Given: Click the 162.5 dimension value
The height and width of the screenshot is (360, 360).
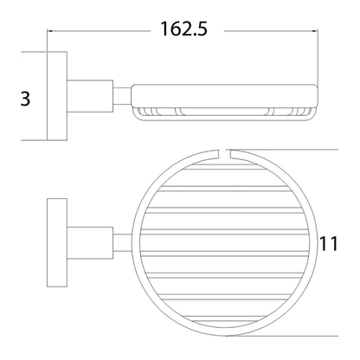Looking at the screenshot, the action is pos(183,29).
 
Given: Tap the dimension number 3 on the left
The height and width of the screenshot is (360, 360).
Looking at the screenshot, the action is pos(25,99).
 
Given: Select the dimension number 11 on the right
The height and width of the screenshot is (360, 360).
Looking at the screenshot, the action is pos(329,243).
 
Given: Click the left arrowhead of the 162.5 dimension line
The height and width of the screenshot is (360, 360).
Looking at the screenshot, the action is pos(49,30).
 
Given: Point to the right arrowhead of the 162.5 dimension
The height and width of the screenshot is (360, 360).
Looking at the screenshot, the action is pos(315,30).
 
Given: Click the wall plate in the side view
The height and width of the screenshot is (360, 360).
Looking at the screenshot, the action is pos(57,96).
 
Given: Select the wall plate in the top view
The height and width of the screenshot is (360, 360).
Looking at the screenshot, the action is pos(57,242).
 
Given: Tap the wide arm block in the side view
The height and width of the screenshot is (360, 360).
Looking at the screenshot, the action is pos(90,96).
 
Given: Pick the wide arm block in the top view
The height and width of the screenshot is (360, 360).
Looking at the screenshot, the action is pos(90,242).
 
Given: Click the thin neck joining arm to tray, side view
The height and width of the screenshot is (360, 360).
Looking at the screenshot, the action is pos(122,95).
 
